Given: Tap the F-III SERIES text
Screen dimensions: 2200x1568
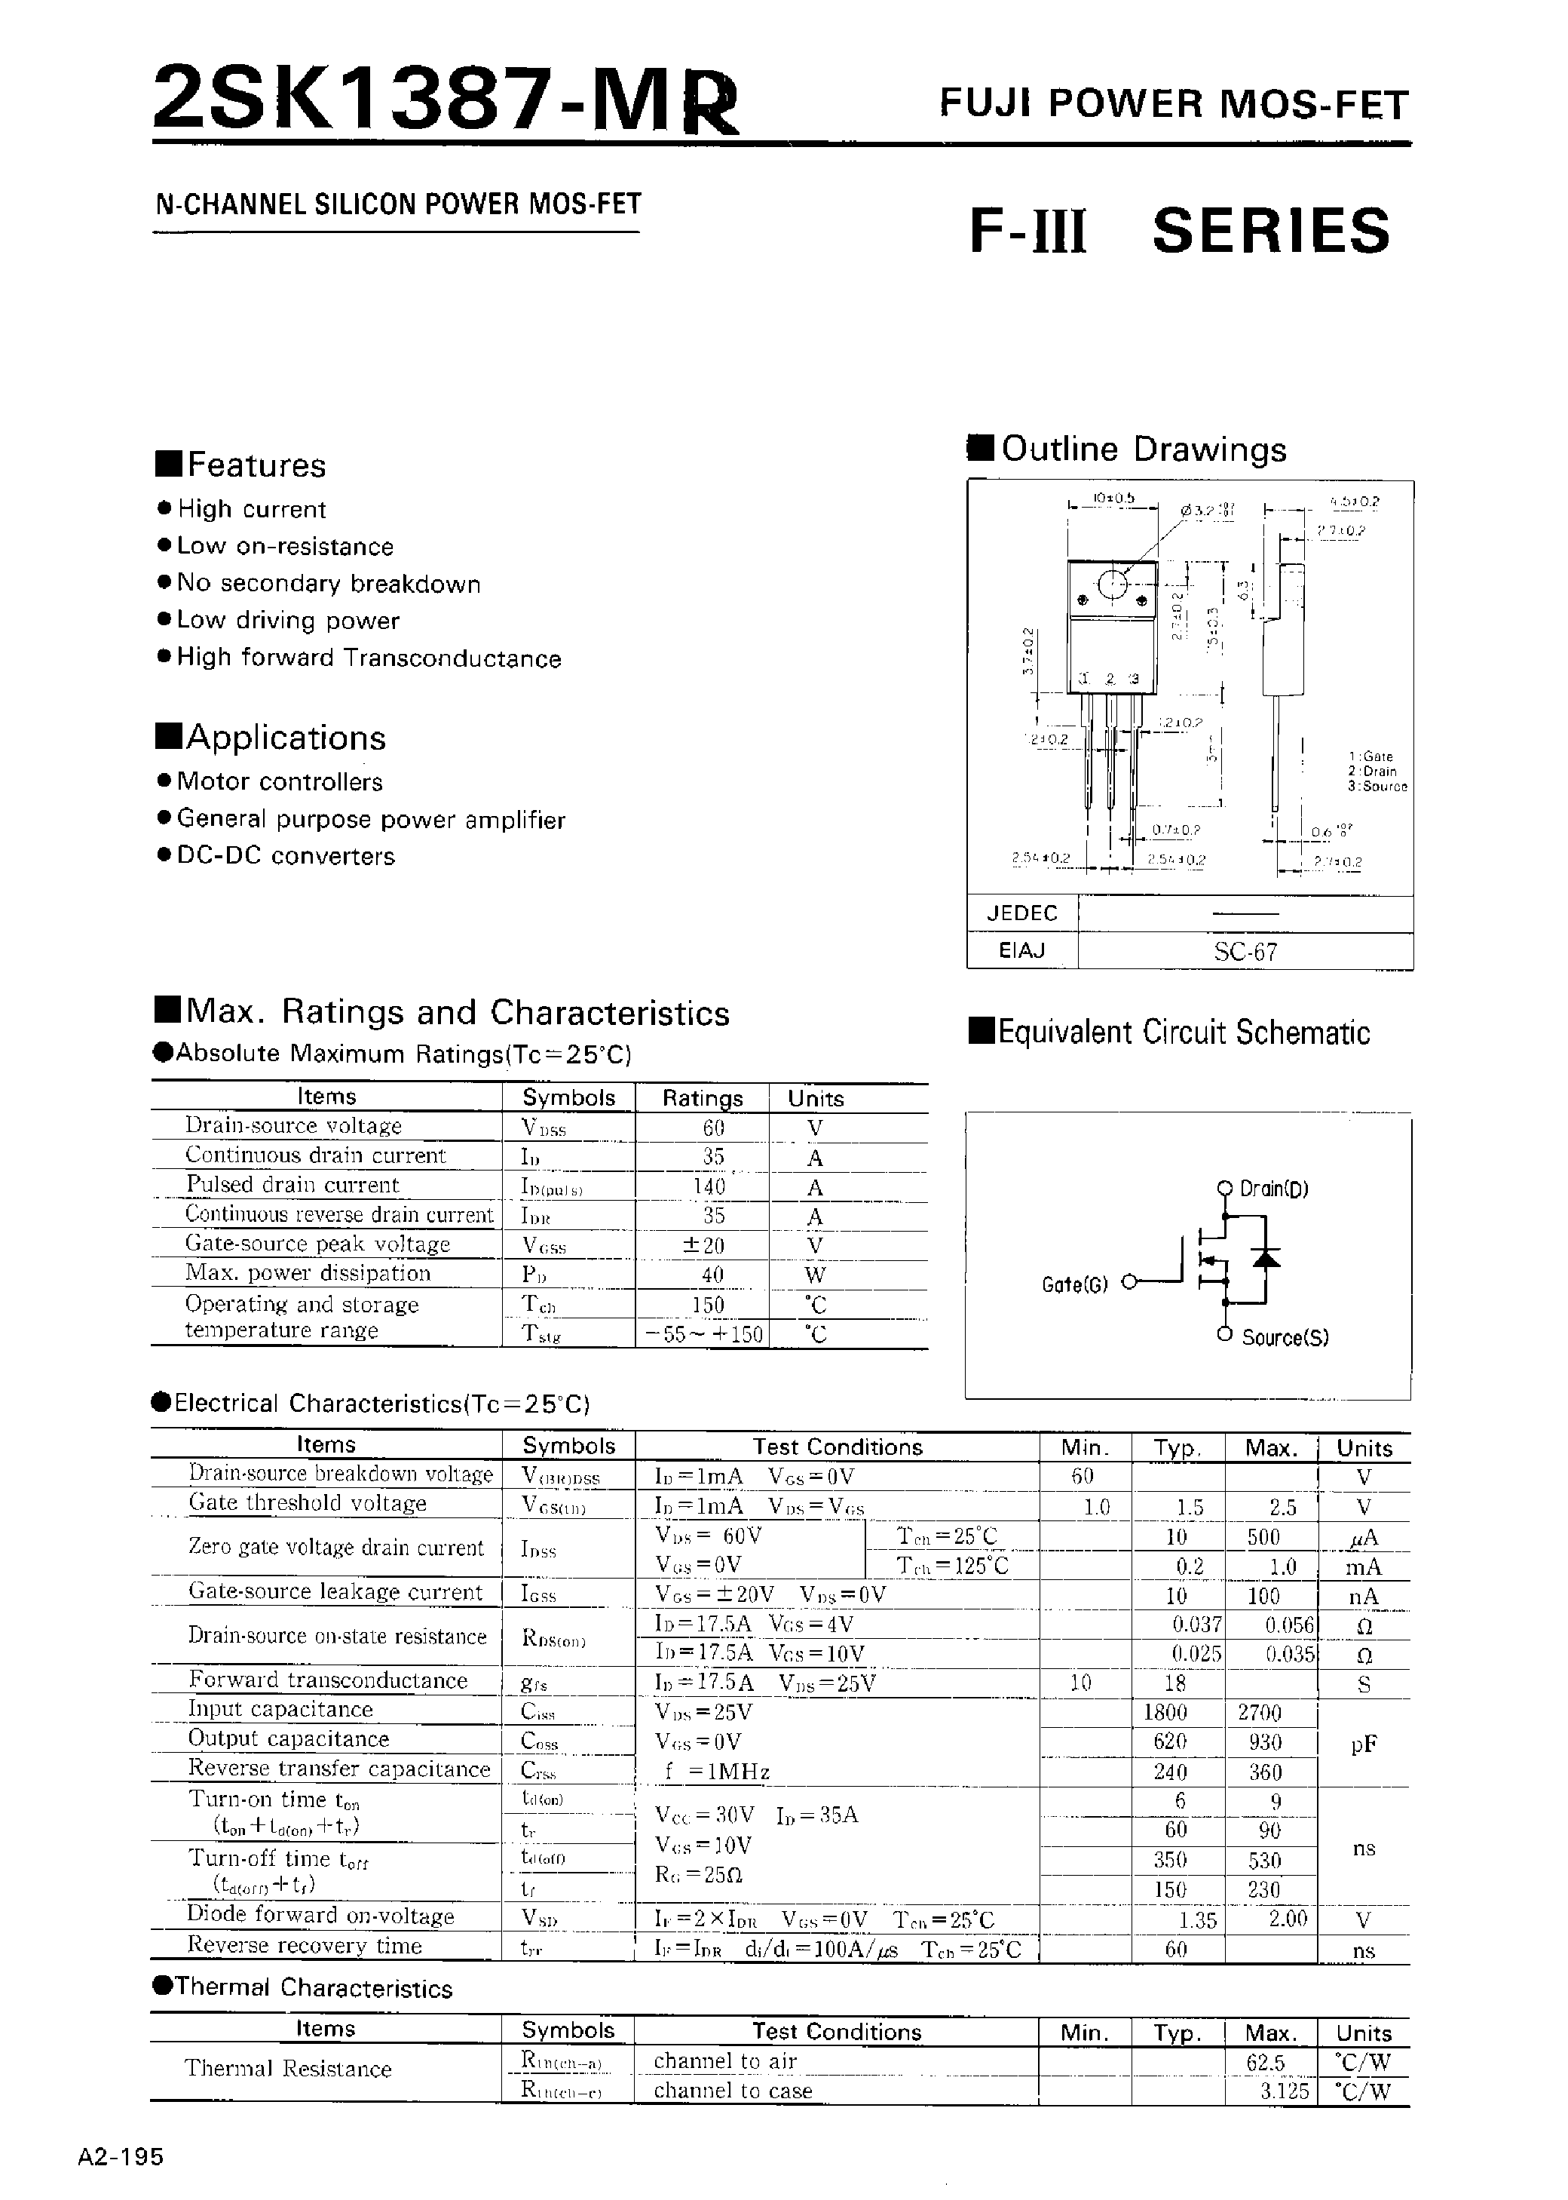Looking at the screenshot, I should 1179,232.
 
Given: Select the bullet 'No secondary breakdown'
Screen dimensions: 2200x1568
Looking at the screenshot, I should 328,585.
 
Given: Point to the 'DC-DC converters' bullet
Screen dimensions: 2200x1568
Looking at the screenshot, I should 286,857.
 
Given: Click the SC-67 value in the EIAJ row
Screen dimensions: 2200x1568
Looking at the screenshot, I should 1245,953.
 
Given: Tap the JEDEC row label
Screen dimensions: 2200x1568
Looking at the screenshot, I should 1021,913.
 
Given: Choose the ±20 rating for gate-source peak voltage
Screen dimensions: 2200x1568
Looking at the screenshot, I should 702,1246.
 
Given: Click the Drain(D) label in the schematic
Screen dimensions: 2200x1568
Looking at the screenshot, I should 1273,1189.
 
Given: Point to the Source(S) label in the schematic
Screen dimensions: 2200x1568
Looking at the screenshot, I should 1284,1338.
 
